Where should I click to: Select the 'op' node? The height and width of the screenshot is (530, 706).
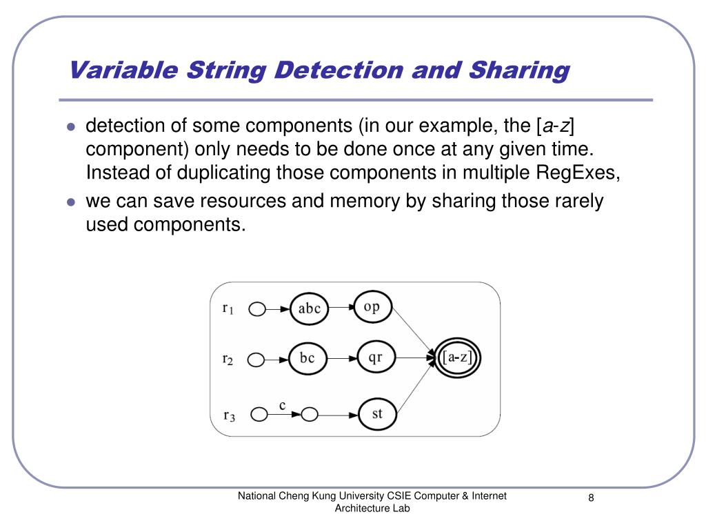(372, 307)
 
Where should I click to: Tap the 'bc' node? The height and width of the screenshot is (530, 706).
(307, 359)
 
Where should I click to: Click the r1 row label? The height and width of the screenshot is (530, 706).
(228, 309)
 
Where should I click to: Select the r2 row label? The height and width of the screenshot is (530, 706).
(228, 359)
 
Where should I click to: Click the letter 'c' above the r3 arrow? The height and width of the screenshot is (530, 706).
(282, 405)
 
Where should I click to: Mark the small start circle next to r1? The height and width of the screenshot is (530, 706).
(256, 309)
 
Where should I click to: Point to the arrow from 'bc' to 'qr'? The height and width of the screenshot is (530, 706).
(342, 359)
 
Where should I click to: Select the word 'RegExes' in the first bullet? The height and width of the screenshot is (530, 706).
(578, 172)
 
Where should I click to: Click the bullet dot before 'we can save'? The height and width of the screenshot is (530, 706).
(70, 202)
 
